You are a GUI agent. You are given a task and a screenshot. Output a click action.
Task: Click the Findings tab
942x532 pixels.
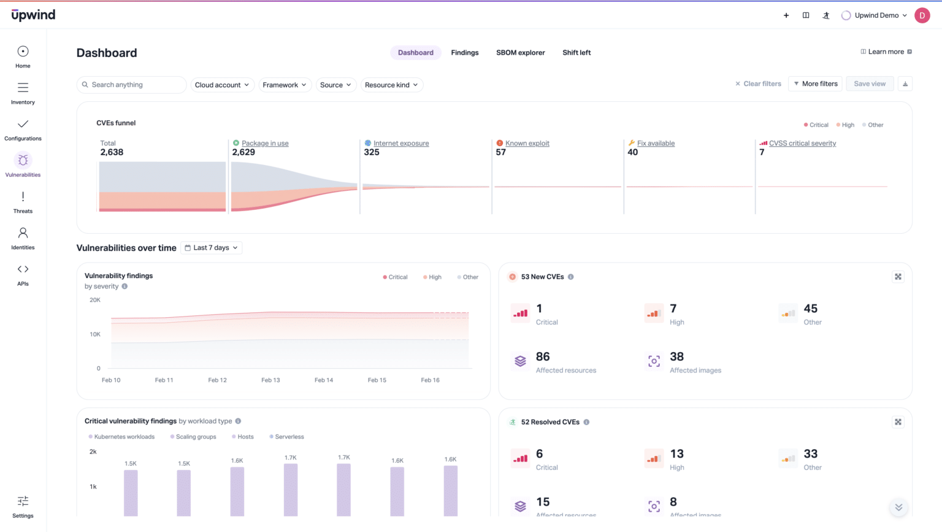coord(464,53)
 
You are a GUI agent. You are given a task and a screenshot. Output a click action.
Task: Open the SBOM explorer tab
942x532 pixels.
coord(520,53)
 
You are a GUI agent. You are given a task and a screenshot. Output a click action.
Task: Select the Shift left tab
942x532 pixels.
coord(576,53)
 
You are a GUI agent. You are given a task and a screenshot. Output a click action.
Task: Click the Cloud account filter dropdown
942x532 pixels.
coord(221,85)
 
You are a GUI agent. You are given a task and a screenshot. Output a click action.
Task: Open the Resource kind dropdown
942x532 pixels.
coord(391,85)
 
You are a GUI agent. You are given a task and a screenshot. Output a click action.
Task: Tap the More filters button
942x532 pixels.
coord(816,84)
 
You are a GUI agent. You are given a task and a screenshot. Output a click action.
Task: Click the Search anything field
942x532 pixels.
coord(131,85)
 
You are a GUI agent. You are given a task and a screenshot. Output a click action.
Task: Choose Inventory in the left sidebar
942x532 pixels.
coord(23,93)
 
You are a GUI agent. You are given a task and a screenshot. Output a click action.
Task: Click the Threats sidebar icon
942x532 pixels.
coord(23,202)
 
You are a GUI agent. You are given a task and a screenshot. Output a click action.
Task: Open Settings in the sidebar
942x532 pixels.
coord(23,506)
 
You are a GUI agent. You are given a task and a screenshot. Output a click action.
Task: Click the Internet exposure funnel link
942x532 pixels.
coord(401,144)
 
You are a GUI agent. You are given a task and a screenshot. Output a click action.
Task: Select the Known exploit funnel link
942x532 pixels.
coord(527,144)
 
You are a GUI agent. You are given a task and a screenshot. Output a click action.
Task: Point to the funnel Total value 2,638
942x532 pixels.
coord(112,152)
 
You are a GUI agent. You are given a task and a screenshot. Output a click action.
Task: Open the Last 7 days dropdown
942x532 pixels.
coord(211,248)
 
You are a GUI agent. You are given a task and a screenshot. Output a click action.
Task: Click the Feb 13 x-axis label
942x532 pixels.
coord(270,380)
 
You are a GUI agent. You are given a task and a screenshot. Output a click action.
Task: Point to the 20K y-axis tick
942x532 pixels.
coord(95,300)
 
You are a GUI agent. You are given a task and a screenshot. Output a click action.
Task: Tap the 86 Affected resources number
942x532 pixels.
coord(543,357)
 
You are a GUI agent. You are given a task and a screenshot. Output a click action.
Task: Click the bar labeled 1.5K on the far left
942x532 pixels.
coord(131,493)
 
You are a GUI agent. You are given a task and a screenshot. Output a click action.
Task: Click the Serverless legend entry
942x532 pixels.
coord(289,437)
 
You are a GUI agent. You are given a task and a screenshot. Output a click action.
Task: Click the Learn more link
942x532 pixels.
coord(886,52)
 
